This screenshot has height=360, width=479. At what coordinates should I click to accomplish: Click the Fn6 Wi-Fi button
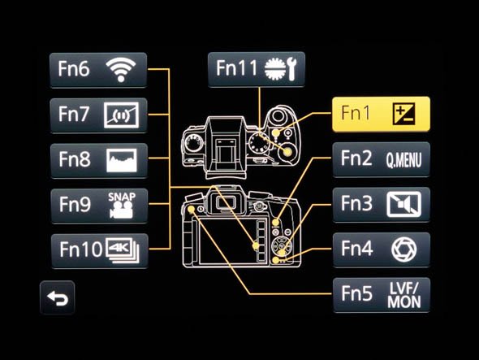98,70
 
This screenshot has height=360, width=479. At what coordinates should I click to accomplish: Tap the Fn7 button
98,115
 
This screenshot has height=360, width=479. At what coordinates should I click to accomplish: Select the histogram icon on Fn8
122,160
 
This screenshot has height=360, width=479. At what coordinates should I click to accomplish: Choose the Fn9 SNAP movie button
99,206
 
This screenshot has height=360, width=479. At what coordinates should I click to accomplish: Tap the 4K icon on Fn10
123,250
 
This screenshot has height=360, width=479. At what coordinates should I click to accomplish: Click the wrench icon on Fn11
291,69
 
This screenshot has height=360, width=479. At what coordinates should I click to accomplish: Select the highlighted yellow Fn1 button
381,114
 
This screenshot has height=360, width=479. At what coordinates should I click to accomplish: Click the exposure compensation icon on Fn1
403,114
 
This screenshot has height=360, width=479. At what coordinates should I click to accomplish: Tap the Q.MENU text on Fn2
403,159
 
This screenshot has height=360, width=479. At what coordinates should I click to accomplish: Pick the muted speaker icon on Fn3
403,204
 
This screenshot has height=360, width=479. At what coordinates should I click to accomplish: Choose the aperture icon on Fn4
403,250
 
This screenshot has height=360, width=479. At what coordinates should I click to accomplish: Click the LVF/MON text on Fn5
403,295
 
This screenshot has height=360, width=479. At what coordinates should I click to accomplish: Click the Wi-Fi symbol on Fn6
121,70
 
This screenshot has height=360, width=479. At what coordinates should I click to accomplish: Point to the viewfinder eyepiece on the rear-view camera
226,202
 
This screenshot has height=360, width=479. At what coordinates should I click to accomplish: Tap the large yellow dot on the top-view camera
287,152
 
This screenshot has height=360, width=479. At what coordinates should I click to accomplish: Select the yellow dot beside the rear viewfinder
191,209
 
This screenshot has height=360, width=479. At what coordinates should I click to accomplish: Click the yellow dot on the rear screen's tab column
256,245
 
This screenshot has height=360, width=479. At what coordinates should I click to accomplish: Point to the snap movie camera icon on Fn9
122,210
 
